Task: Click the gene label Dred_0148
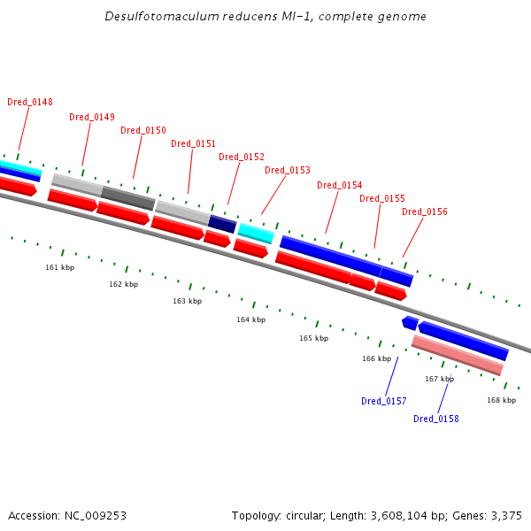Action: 30,102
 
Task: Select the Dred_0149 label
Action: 92,117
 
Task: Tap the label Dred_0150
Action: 143,130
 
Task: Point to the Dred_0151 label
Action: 193,143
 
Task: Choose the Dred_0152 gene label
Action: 242,157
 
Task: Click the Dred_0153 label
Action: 288,170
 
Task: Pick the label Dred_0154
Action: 340,185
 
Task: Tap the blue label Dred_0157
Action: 384,401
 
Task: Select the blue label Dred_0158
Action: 436,419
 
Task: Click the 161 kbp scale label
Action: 60,267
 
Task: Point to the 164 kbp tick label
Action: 251,319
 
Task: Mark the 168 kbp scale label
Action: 502,400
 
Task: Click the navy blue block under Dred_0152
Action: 222,224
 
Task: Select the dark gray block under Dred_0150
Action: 128,198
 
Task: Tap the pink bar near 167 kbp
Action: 458,355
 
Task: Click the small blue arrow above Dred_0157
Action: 410,323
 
